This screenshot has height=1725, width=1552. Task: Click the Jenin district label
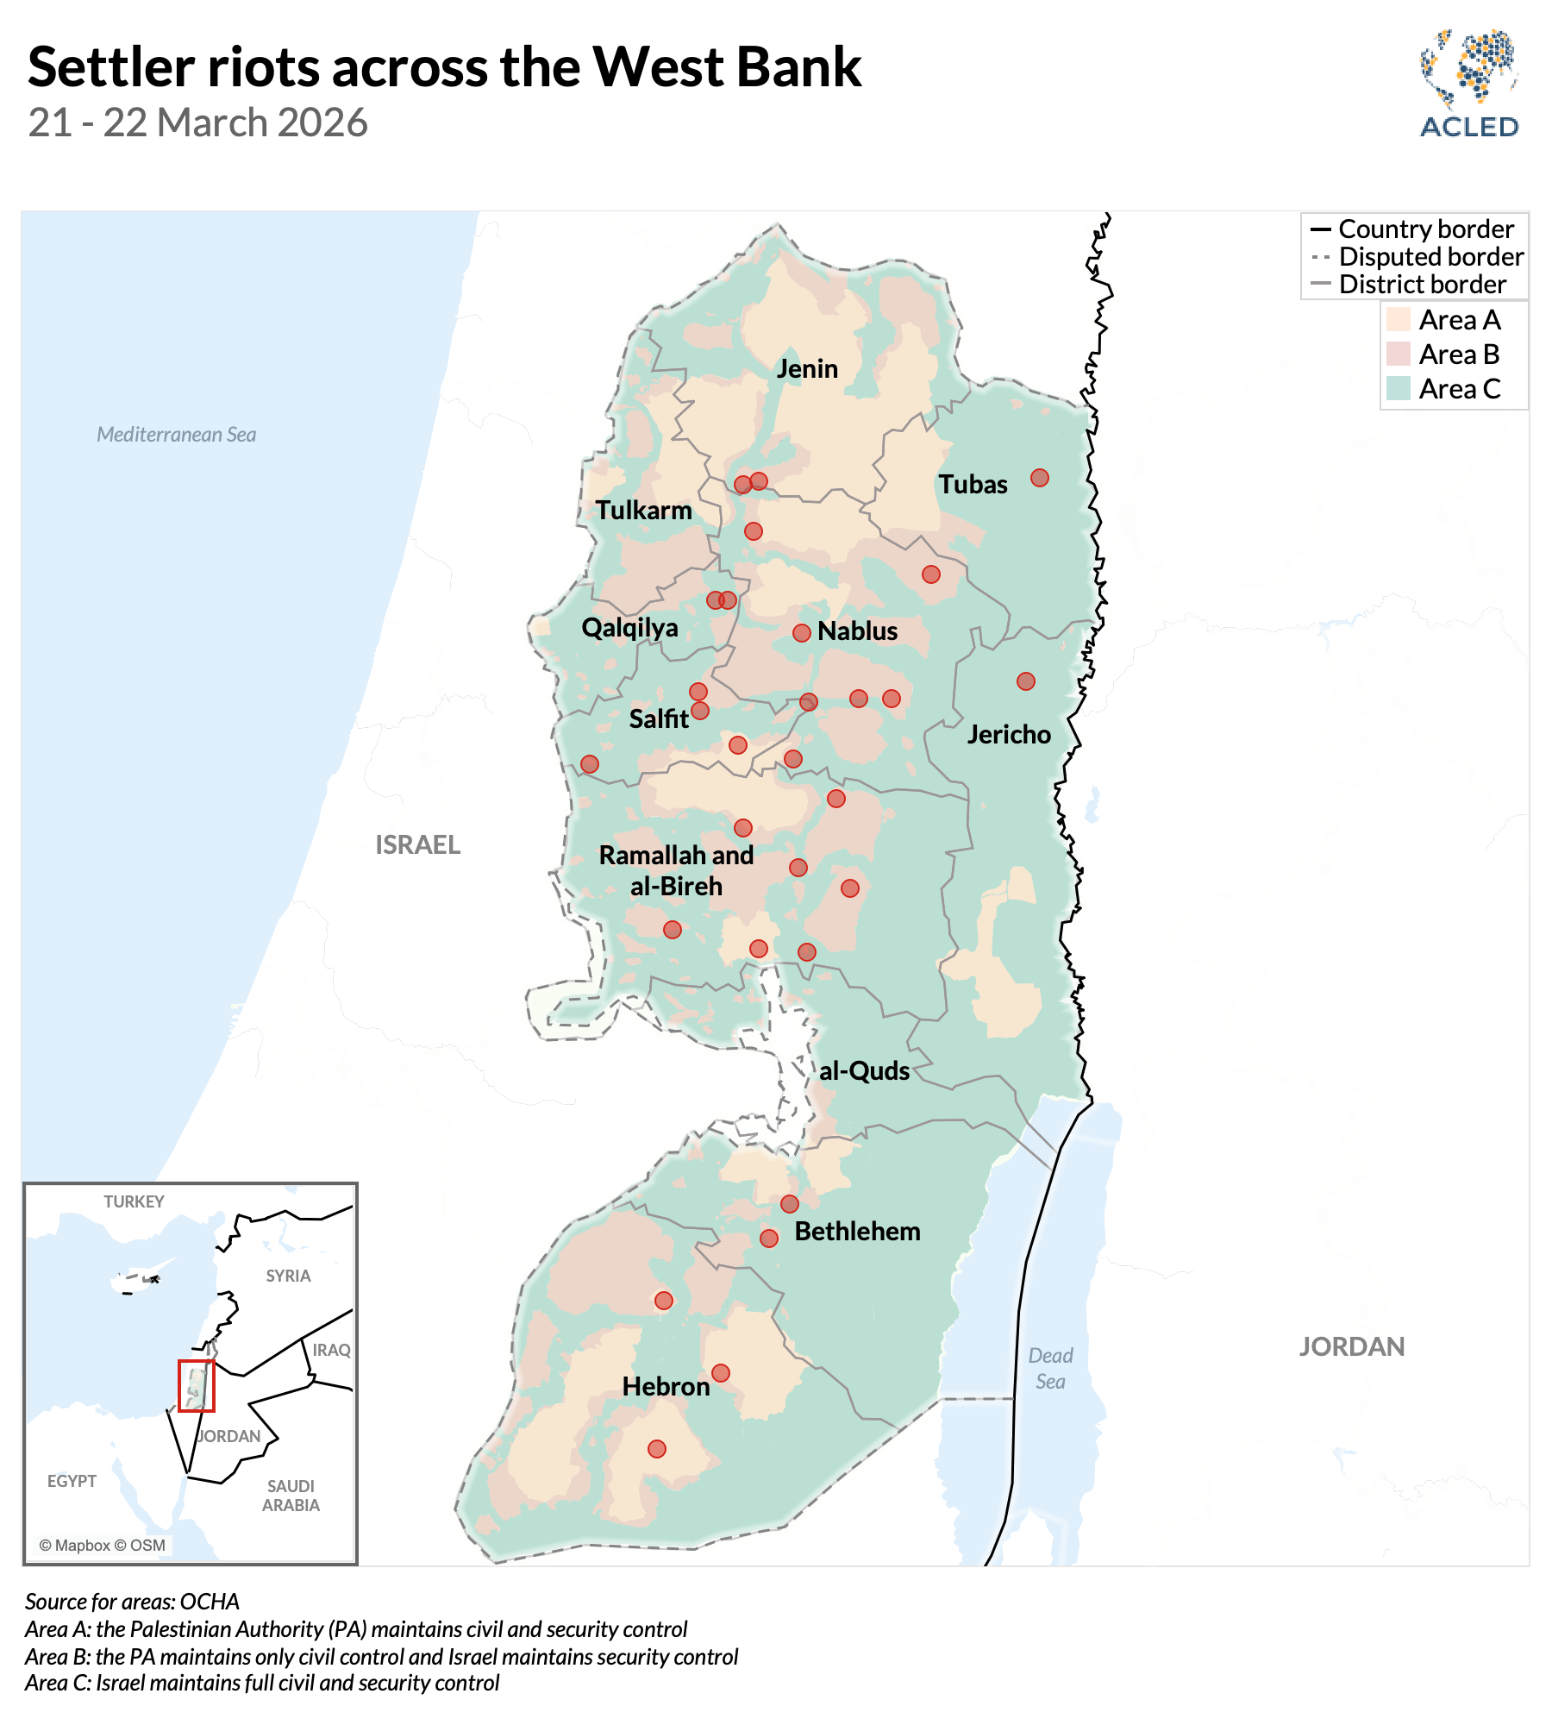coord(807,369)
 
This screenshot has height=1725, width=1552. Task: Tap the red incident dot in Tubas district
coord(1040,478)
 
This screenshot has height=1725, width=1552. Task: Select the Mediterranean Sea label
coord(176,435)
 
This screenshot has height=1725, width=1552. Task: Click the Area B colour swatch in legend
coord(1398,354)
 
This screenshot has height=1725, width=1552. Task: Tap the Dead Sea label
coord(1050,1368)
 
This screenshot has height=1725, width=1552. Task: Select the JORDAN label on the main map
coord(1351,1346)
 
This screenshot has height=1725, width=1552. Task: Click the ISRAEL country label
coord(417,844)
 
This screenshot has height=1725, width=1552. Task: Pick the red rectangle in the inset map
coord(197,1385)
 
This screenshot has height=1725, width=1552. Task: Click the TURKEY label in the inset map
coord(134,1201)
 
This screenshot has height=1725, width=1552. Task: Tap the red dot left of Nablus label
coord(802,633)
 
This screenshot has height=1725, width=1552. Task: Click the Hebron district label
coord(666,1386)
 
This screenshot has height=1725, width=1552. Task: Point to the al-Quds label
coord(864,1071)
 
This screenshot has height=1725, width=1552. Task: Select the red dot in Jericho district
coord(1025,681)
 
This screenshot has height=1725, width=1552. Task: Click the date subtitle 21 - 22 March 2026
coord(197,122)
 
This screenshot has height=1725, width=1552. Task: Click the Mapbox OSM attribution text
coord(102,1545)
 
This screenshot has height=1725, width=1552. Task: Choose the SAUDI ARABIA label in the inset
coord(291,1495)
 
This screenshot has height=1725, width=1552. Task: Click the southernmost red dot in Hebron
coord(657,1449)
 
